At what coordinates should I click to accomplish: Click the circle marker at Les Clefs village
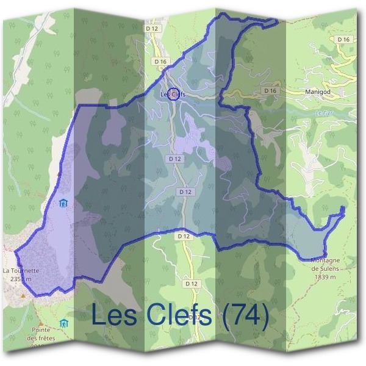[173, 93]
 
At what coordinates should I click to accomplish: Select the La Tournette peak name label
[21, 270]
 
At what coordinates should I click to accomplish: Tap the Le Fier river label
[321, 112]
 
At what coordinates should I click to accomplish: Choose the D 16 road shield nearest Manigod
[270, 90]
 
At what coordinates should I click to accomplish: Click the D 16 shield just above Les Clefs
[160, 62]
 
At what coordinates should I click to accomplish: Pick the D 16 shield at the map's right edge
[344, 39]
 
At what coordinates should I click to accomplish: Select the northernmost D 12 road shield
[152, 27]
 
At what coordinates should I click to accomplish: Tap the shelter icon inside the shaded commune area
[63, 204]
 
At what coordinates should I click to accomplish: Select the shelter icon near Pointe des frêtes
[63, 322]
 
